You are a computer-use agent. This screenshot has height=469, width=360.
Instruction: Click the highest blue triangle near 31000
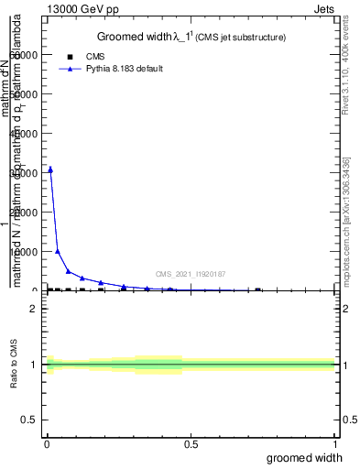click(50, 169)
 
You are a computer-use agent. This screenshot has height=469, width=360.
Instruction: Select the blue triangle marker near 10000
click(58, 251)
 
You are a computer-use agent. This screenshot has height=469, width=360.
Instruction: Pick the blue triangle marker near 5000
click(69, 271)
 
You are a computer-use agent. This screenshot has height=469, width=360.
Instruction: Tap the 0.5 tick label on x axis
click(191, 446)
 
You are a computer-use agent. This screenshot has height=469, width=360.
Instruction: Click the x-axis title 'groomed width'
click(307, 457)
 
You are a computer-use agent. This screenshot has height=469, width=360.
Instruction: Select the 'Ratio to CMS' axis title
click(14, 365)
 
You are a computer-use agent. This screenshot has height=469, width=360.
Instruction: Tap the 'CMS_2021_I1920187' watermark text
click(190, 274)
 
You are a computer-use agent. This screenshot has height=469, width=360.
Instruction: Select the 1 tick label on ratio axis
click(33, 365)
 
